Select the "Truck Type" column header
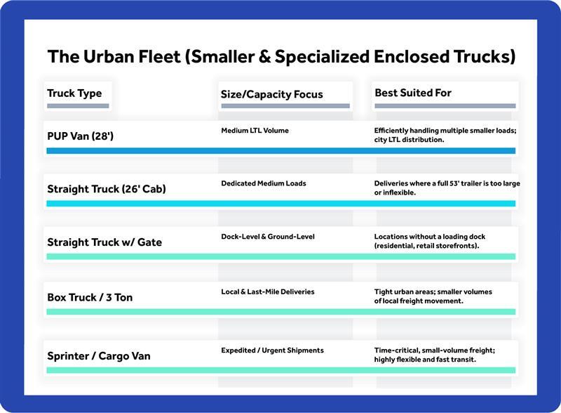74,93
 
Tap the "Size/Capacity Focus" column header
272,94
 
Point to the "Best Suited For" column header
413,93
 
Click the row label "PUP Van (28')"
80,136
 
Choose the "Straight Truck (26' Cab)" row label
106,188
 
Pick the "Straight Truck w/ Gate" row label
104,242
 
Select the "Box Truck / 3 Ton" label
90,297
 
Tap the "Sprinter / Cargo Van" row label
98,355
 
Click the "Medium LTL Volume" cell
255,131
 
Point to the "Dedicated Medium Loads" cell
264,183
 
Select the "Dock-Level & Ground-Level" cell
268,237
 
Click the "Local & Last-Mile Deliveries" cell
268,291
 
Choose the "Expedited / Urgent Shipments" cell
272,350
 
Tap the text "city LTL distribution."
409,140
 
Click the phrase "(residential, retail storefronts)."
426,246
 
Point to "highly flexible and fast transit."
425,359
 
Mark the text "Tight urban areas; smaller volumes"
433,291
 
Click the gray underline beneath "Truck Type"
78,106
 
